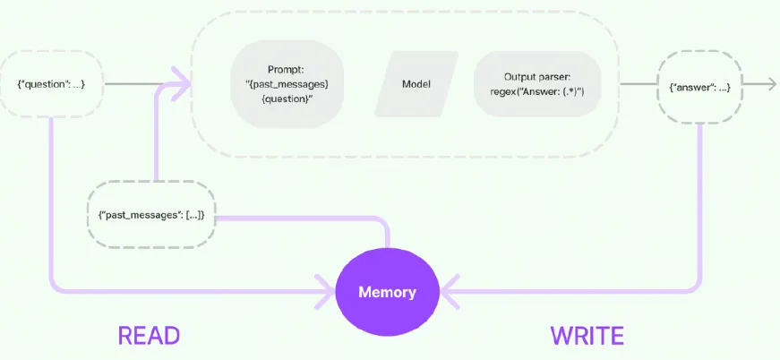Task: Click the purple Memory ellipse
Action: pos(387,292)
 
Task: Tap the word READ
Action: pos(149,336)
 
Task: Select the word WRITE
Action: pos(587,336)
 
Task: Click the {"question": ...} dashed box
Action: pos(51,83)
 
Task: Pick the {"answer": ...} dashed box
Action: pos(700,88)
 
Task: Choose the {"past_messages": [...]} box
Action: pos(151,215)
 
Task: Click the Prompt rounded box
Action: pos(287,84)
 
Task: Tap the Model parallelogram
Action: pos(416,84)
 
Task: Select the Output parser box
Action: pos(537,84)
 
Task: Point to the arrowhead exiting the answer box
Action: pos(771,84)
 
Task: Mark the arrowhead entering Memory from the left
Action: pos(326,291)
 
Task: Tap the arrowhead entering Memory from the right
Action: pos(449,291)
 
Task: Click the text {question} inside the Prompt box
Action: pos(287,99)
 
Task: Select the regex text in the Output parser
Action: pos(537,92)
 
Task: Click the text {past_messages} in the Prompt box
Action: pos(287,84)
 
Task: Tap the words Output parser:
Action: pos(537,77)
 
